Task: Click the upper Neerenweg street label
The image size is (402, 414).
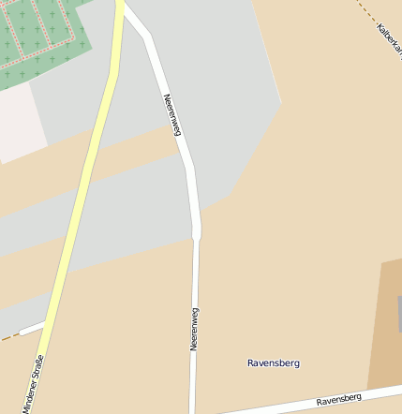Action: click(x=171, y=115)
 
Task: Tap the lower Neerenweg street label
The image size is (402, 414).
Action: click(x=194, y=329)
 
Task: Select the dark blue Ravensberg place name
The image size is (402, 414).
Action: click(x=274, y=362)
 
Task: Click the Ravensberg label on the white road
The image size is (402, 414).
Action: click(x=338, y=400)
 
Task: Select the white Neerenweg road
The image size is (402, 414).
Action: click(x=196, y=272)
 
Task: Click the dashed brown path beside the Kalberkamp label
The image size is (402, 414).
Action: click(x=365, y=10)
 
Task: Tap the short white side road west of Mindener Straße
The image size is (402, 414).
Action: click(x=32, y=328)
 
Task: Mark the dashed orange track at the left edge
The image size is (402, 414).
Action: click(x=7, y=336)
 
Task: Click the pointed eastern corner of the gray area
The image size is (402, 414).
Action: click(x=281, y=101)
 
